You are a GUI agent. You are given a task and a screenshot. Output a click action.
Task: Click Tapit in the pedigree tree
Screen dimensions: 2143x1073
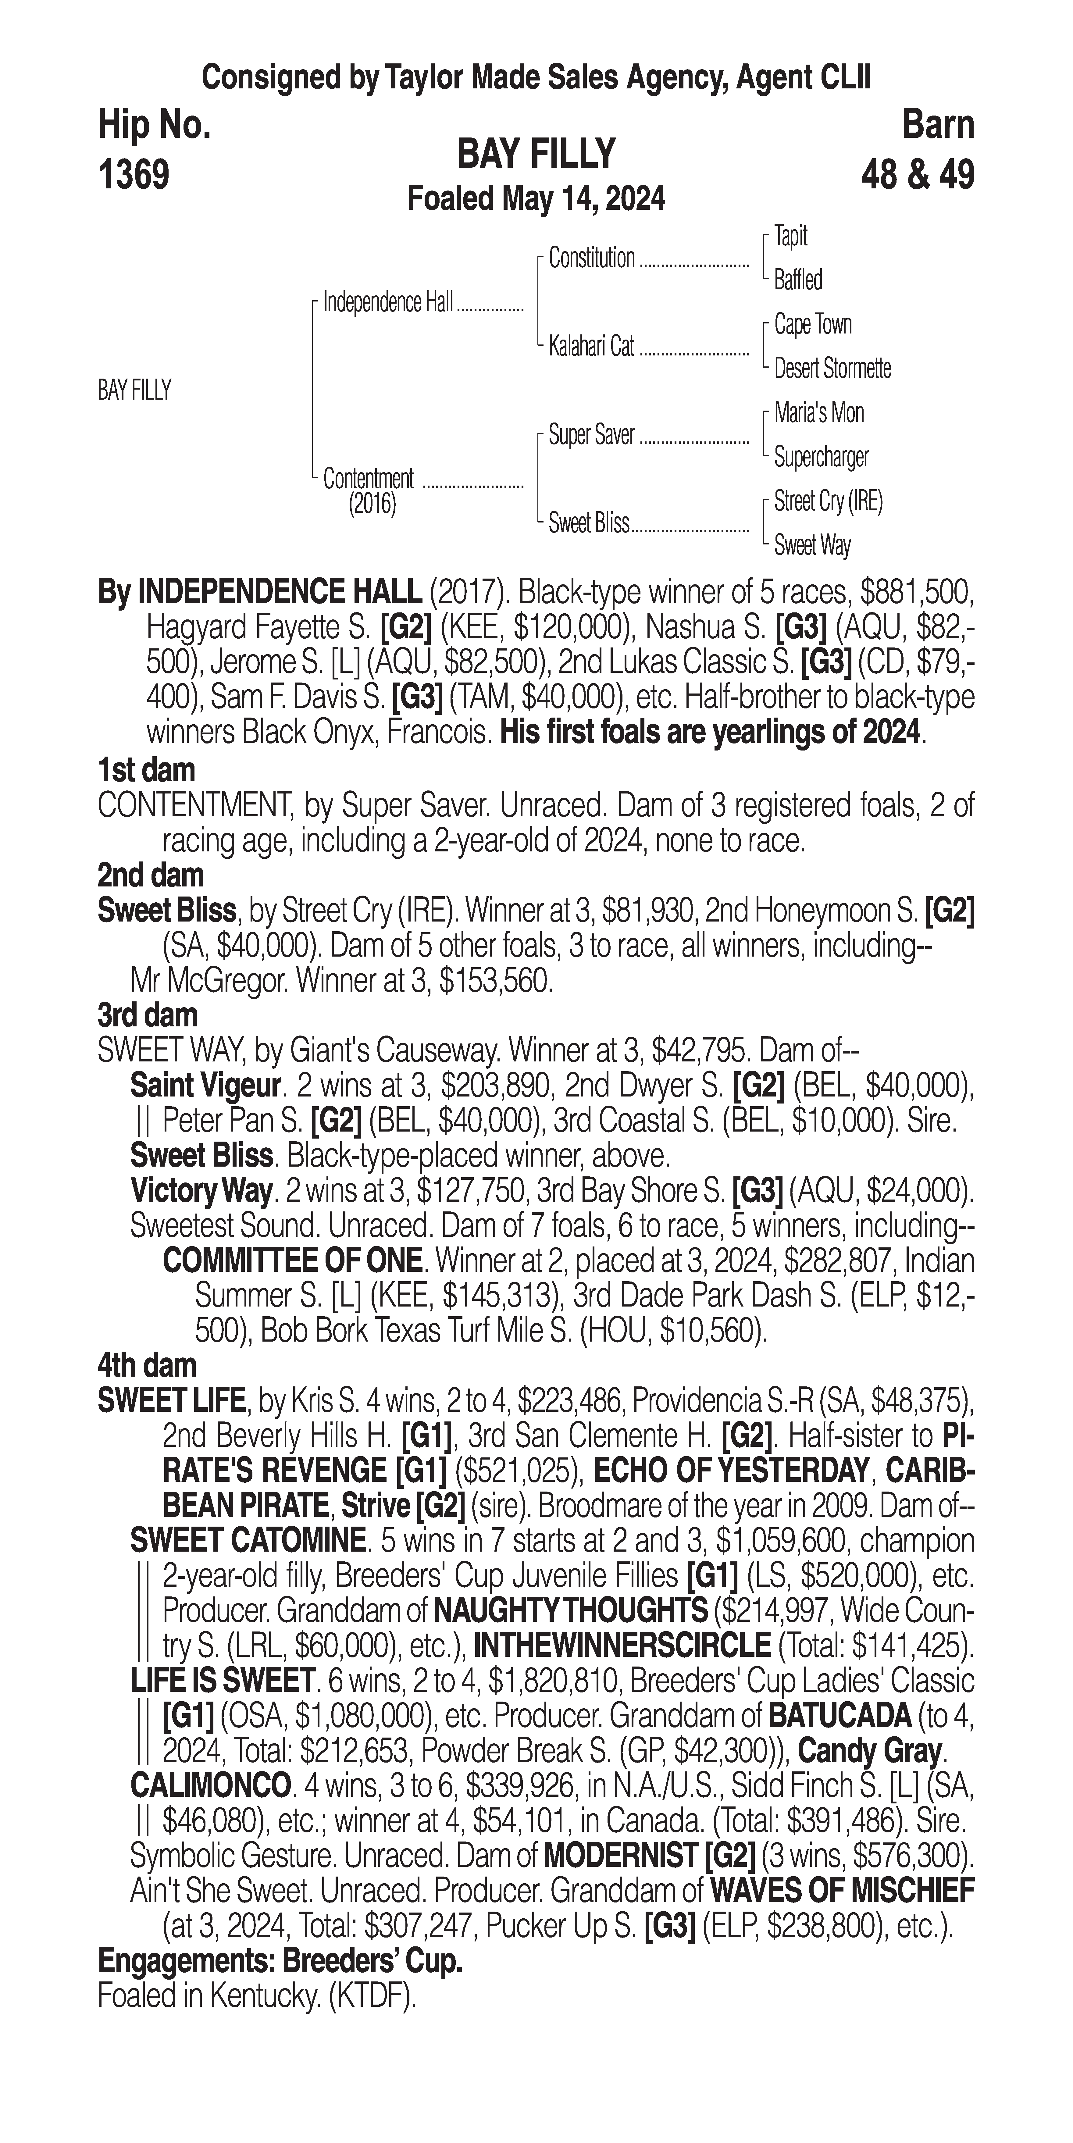pyautogui.click(x=790, y=236)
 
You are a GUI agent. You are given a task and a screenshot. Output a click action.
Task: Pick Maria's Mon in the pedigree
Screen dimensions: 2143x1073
pyautogui.click(x=818, y=413)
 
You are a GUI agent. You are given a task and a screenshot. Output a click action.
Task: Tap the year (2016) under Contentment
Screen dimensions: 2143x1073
pyautogui.click(x=372, y=504)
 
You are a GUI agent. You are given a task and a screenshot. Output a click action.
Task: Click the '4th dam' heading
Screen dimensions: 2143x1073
pyautogui.click(x=147, y=1365)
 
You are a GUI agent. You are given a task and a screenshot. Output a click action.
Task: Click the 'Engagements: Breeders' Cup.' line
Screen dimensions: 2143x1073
pyautogui.click(x=280, y=1961)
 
